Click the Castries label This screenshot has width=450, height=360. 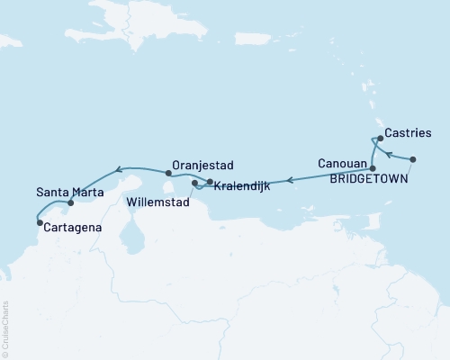click(x=408, y=134)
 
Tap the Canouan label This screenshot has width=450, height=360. click(x=343, y=164)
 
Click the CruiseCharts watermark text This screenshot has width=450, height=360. click(x=5, y=328)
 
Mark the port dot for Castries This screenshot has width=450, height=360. click(x=381, y=139)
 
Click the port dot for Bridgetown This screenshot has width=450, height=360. click(x=412, y=159)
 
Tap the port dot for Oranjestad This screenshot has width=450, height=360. click(x=168, y=172)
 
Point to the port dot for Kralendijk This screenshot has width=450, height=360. click(x=210, y=183)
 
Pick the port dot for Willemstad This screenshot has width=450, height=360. click(x=194, y=183)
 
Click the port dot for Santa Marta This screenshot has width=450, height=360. click(x=71, y=203)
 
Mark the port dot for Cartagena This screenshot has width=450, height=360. click(x=39, y=221)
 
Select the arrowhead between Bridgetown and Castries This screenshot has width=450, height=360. click(x=389, y=155)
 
